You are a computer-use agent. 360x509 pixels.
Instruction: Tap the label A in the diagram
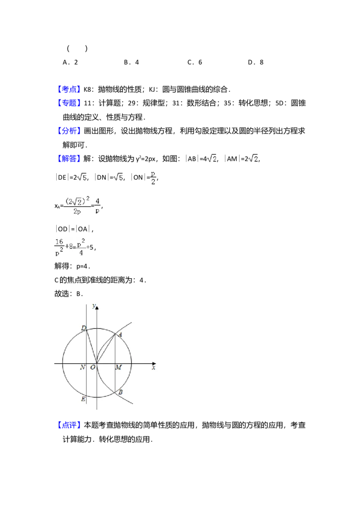point(120,334)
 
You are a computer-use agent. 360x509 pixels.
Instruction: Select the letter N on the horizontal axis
point(83,367)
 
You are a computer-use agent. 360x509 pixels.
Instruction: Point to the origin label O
point(93,367)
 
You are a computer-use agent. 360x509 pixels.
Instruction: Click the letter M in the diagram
point(118,367)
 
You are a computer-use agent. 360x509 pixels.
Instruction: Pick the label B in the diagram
point(121,393)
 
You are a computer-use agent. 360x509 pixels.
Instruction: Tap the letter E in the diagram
point(83,399)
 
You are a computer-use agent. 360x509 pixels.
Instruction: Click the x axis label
point(153,367)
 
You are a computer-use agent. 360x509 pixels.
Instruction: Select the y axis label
point(94,306)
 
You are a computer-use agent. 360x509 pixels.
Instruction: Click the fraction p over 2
point(153,177)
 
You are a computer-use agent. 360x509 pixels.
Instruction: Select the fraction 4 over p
point(97,205)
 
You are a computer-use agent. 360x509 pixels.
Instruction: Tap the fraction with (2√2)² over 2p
point(77,205)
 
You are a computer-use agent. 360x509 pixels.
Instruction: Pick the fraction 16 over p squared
point(59,248)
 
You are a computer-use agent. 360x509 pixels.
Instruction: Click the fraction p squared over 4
point(81,248)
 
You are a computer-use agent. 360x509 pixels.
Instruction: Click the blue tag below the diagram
point(69,426)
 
